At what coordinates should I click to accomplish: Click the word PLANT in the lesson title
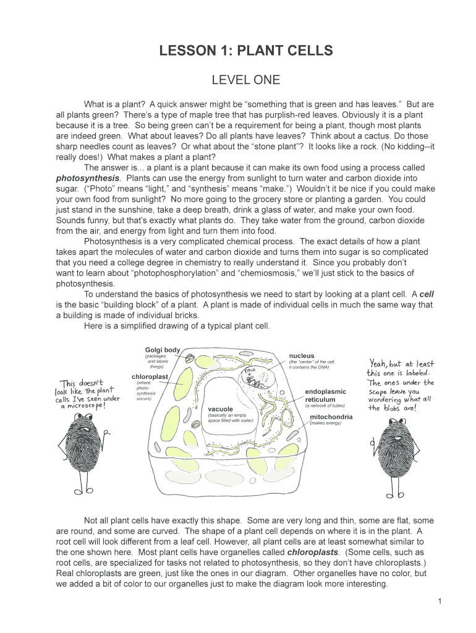coord(264,51)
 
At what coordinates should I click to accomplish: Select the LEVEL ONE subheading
coord(246,80)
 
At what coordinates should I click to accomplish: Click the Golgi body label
coord(163,350)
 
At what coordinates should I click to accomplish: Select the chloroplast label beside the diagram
coord(150,376)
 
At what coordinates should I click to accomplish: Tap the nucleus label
coord(302,355)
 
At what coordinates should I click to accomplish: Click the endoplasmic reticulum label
coord(325,396)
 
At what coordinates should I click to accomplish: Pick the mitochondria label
coord(331,417)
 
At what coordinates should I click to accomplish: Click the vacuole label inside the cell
coord(220,409)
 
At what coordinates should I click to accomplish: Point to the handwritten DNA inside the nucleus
coord(250,372)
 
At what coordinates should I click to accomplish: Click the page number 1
coord(438,601)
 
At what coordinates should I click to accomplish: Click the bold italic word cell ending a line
coord(427,294)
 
